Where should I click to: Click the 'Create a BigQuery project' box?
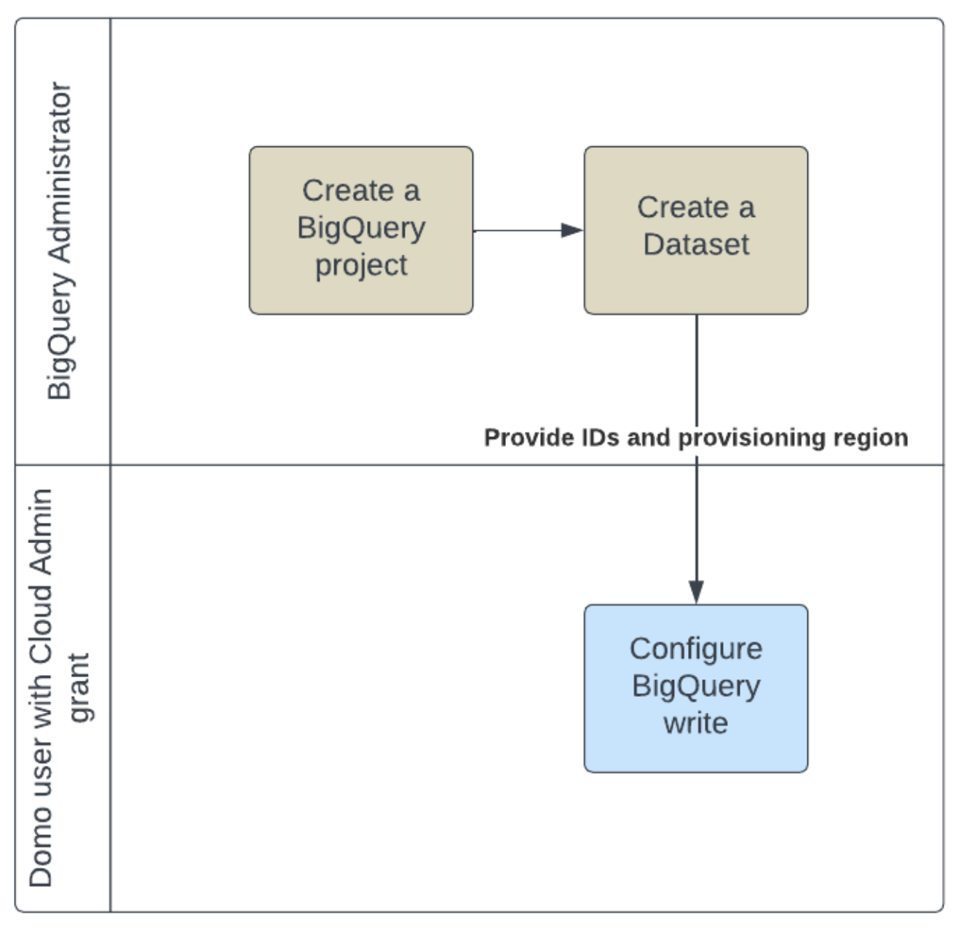coord(361,230)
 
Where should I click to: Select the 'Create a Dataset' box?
coord(695,230)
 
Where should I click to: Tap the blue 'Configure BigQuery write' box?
coord(695,688)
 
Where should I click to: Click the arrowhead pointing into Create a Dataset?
coord(572,230)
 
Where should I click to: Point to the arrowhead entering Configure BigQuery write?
coord(696,592)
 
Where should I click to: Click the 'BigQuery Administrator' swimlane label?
coord(60,240)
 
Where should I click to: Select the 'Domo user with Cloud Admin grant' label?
coord(58,688)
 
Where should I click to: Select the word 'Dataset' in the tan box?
coord(695,245)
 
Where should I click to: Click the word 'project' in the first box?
coord(361,266)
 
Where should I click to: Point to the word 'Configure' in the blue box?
coord(695,649)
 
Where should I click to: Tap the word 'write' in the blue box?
coord(695,723)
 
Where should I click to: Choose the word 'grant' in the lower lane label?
coord(79,687)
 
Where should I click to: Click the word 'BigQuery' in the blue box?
coord(695,686)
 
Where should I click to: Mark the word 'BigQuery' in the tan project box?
coord(361,229)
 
